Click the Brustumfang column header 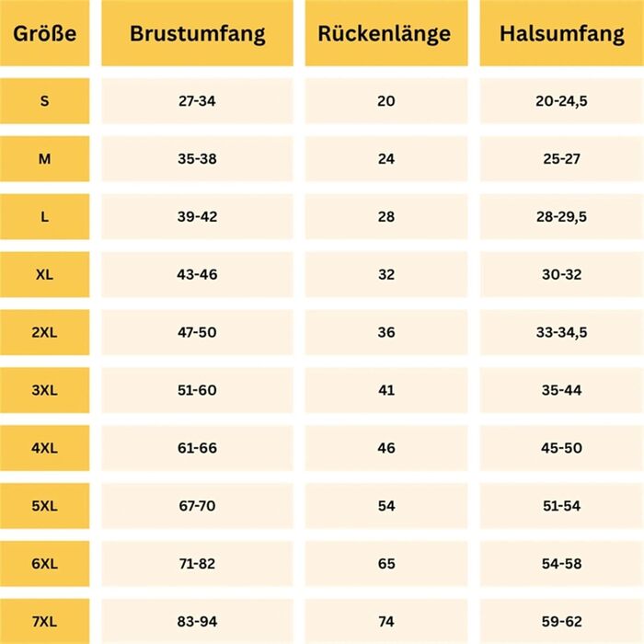click(197, 34)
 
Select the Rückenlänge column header click(385, 34)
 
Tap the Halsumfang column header click(561, 34)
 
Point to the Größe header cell click(44, 34)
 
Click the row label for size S click(44, 100)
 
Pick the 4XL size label click(44, 448)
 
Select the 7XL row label click(44, 622)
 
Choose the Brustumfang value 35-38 click(197, 158)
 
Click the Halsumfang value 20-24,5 click(561, 100)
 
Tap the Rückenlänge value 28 click(385, 216)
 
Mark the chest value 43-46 click(197, 274)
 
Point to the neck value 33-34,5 click(561, 332)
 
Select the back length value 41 click(385, 390)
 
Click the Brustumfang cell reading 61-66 click(197, 448)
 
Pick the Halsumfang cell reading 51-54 click(561, 506)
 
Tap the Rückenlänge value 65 click(385, 564)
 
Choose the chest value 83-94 click(197, 622)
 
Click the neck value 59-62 click(561, 622)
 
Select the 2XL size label click(44, 332)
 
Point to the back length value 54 click(385, 506)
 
